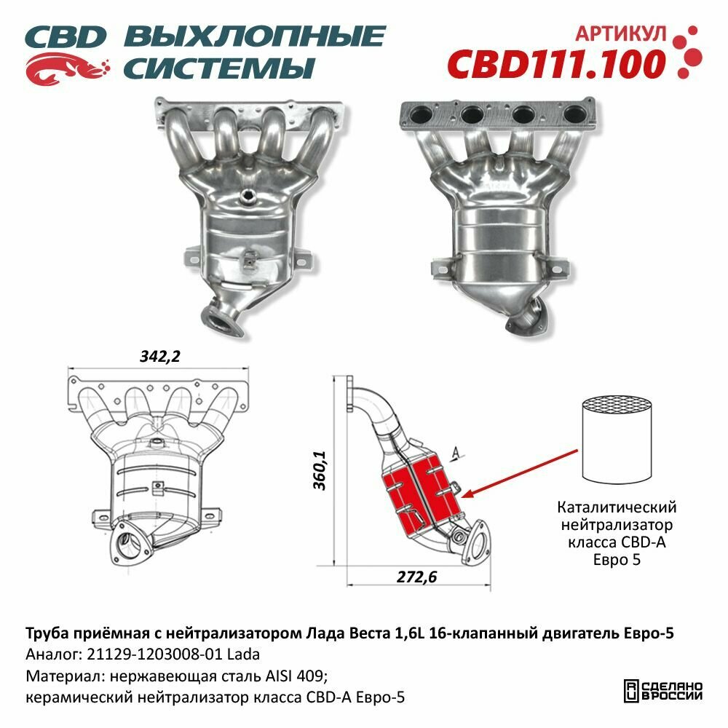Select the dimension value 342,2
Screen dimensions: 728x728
pyautogui.click(x=159, y=356)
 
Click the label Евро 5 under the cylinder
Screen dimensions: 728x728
pyautogui.click(x=617, y=561)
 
